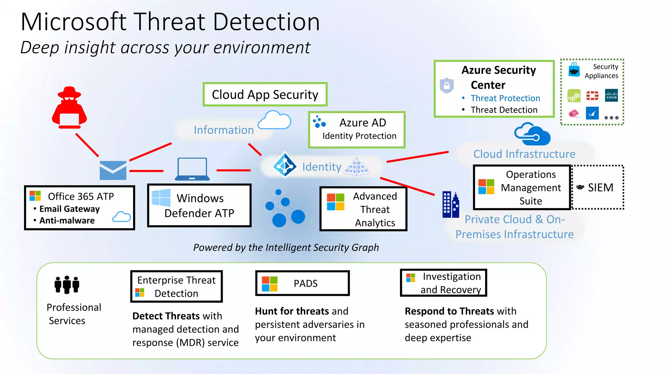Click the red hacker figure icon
pos(69,107)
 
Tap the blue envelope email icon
pos(113,170)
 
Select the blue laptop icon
pos(192,169)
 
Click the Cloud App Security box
pos(265,94)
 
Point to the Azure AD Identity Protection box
pos(357,130)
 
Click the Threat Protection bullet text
pos(505,98)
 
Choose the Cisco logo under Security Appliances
pos(611,95)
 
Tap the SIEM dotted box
pos(598,187)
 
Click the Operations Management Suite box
pos(522,187)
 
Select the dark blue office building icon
pos(451,205)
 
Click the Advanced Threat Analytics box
pos(363,209)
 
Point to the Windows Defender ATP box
pos(199,206)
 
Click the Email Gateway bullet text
pos(69,209)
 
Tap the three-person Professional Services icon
pos(67,285)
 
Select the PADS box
pos(302,283)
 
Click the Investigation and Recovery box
pos(444,283)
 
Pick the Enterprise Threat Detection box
pos(176,286)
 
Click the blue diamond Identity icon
pos(285,165)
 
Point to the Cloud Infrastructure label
pos(524,154)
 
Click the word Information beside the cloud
pos(223,130)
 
